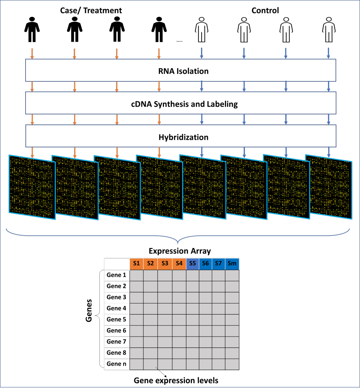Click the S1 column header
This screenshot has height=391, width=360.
[136, 264]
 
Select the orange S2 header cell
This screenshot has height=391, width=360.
[150, 264]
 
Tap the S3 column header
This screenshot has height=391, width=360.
[165, 264]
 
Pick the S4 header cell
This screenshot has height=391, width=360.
[179, 264]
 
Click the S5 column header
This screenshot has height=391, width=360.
[192, 264]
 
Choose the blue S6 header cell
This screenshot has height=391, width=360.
[206, 264]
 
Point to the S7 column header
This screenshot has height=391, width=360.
[218, 264]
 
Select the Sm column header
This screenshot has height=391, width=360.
[232, 264]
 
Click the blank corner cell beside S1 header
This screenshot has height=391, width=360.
[117, 264]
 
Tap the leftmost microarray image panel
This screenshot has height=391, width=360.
[32, 187]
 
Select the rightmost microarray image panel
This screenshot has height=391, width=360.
[329, 187]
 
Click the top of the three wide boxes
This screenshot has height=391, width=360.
[181, 70]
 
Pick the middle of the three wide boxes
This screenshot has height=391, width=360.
[181, 103]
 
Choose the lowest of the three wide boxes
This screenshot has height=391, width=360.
[181, 136]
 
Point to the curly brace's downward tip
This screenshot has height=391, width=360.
[178, 243]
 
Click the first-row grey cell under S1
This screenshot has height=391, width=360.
[136, 276]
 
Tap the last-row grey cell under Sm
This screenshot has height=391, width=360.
[232, 364]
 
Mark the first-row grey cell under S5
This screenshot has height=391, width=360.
[192, 276]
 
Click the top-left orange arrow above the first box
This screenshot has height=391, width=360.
[32, 53]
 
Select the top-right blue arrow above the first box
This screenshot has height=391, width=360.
[329, 53]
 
